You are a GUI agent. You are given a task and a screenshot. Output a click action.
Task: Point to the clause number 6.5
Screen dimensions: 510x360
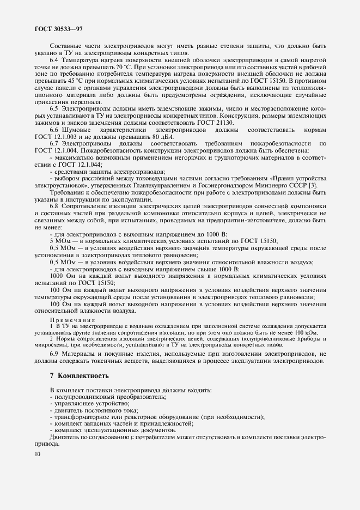[x=54, y=109]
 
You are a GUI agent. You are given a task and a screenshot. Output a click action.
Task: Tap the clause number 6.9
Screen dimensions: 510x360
[x=54, y=354]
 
